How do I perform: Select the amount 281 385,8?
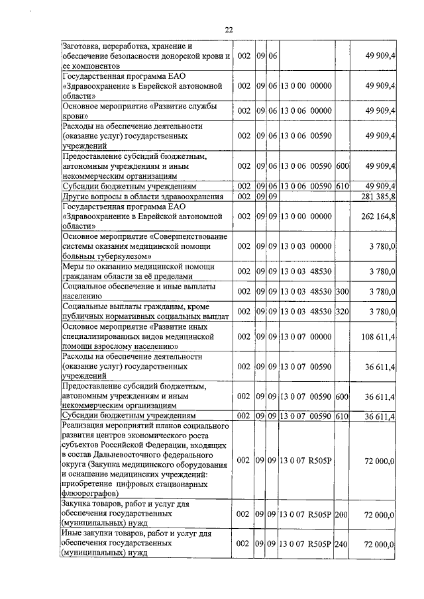[378, 197]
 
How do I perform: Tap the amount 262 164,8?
[378, 216]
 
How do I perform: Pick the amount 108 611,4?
[378, 337]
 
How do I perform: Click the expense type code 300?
[342, 290]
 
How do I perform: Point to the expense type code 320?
[342, 310]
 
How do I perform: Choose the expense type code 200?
[342, 514]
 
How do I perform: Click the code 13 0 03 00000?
[305, 246]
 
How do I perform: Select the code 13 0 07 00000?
[305, 337]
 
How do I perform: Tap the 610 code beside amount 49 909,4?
[342, 187]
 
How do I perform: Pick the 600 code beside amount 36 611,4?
[342, 396]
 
